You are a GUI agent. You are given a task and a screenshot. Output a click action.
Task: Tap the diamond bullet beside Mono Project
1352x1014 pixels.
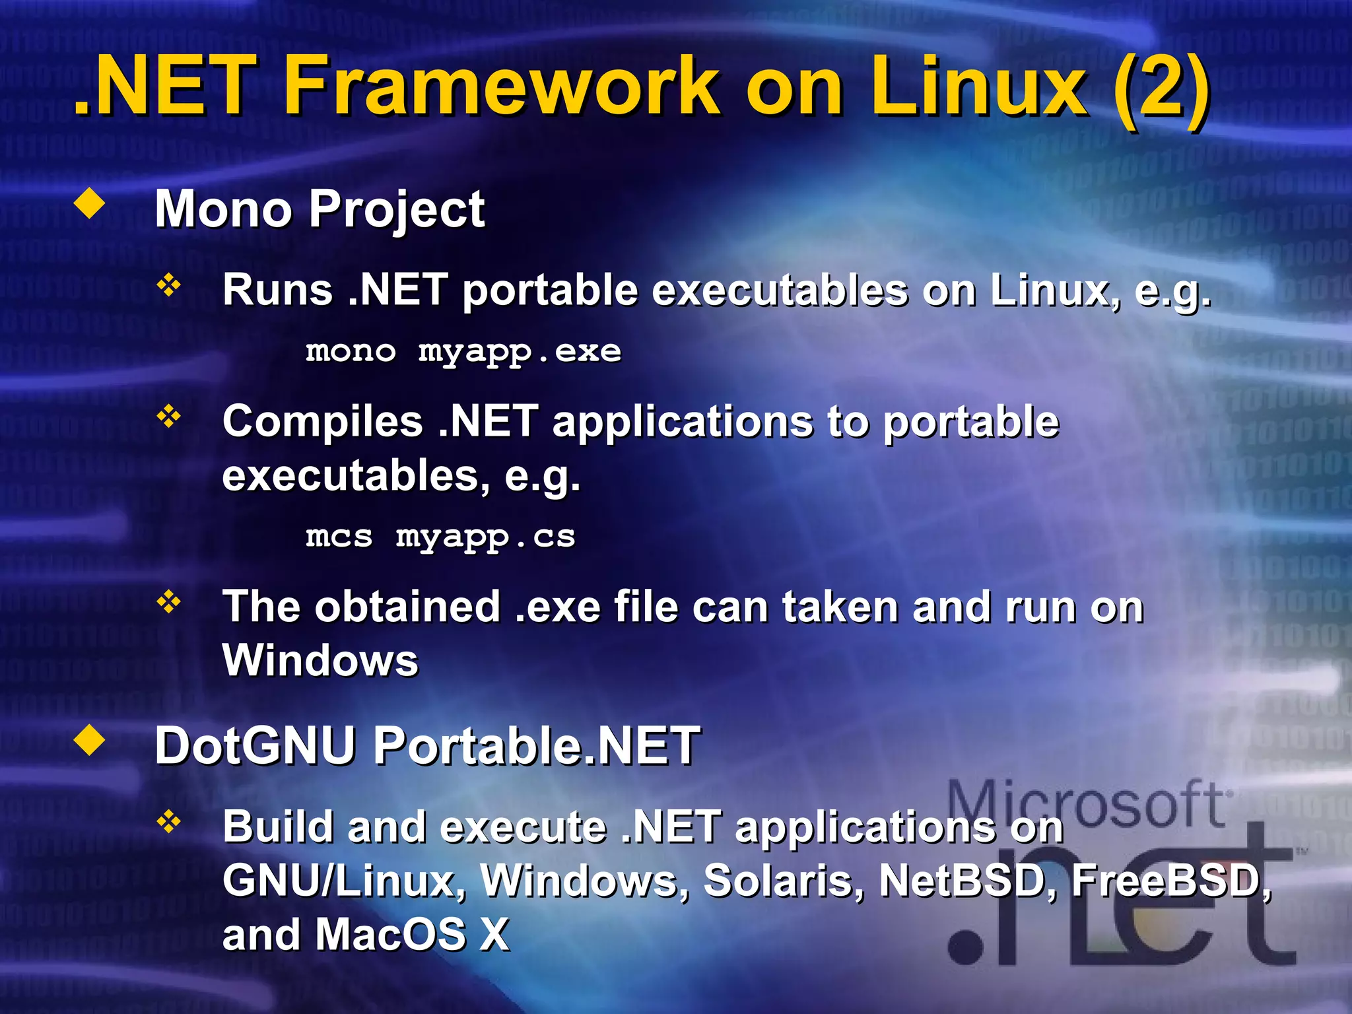[90, 204]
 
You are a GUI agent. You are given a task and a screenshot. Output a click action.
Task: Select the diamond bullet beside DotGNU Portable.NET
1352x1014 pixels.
[90, 741]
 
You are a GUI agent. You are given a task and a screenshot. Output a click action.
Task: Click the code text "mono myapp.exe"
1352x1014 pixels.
[463, 352]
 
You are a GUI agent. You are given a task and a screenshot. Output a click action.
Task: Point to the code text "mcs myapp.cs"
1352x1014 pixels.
[440, 537]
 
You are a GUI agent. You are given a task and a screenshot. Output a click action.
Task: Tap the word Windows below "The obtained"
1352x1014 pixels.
[320, 660]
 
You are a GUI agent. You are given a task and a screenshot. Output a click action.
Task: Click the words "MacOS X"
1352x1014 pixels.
[411, 935]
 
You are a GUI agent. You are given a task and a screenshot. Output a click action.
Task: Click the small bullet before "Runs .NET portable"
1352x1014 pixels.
[169, 285]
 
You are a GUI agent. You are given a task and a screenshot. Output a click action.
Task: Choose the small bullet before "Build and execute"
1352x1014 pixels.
[169, 822]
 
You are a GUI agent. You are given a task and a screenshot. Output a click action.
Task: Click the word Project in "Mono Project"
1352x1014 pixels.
[397, 210]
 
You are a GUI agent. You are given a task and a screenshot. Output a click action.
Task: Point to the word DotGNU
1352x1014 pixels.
[255, 746]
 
